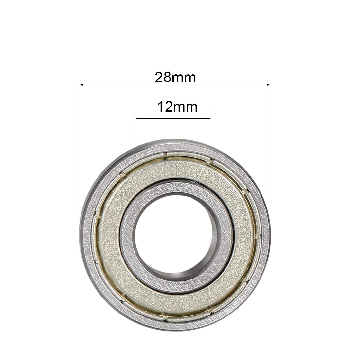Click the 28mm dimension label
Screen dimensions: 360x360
point(175,78)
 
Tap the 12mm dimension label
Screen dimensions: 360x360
point(177,107)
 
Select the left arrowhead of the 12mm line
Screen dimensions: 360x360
point(137,118)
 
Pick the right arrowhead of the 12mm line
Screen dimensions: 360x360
point(209,118)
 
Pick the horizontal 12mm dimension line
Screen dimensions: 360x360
point(173,118)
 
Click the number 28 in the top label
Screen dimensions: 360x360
point(163,78)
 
